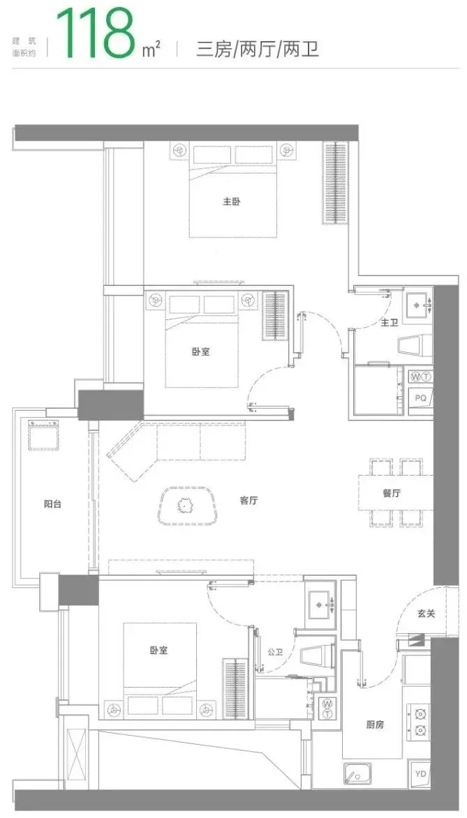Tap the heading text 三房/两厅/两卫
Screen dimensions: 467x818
pos(258,50)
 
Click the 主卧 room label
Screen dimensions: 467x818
pos(232,202)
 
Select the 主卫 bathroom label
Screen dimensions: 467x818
pos(390,324)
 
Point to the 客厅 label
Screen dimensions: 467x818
pos(249,501)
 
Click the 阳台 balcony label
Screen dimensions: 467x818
pos(52,504)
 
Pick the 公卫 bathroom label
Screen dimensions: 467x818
pos(275,651)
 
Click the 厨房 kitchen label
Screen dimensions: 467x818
pos(375,725)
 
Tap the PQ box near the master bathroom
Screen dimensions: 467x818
pos(420,398)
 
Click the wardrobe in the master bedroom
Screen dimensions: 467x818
pos(335,183)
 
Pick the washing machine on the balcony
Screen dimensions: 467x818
pos(43,434)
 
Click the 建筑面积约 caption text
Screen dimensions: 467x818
pos(24,46)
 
